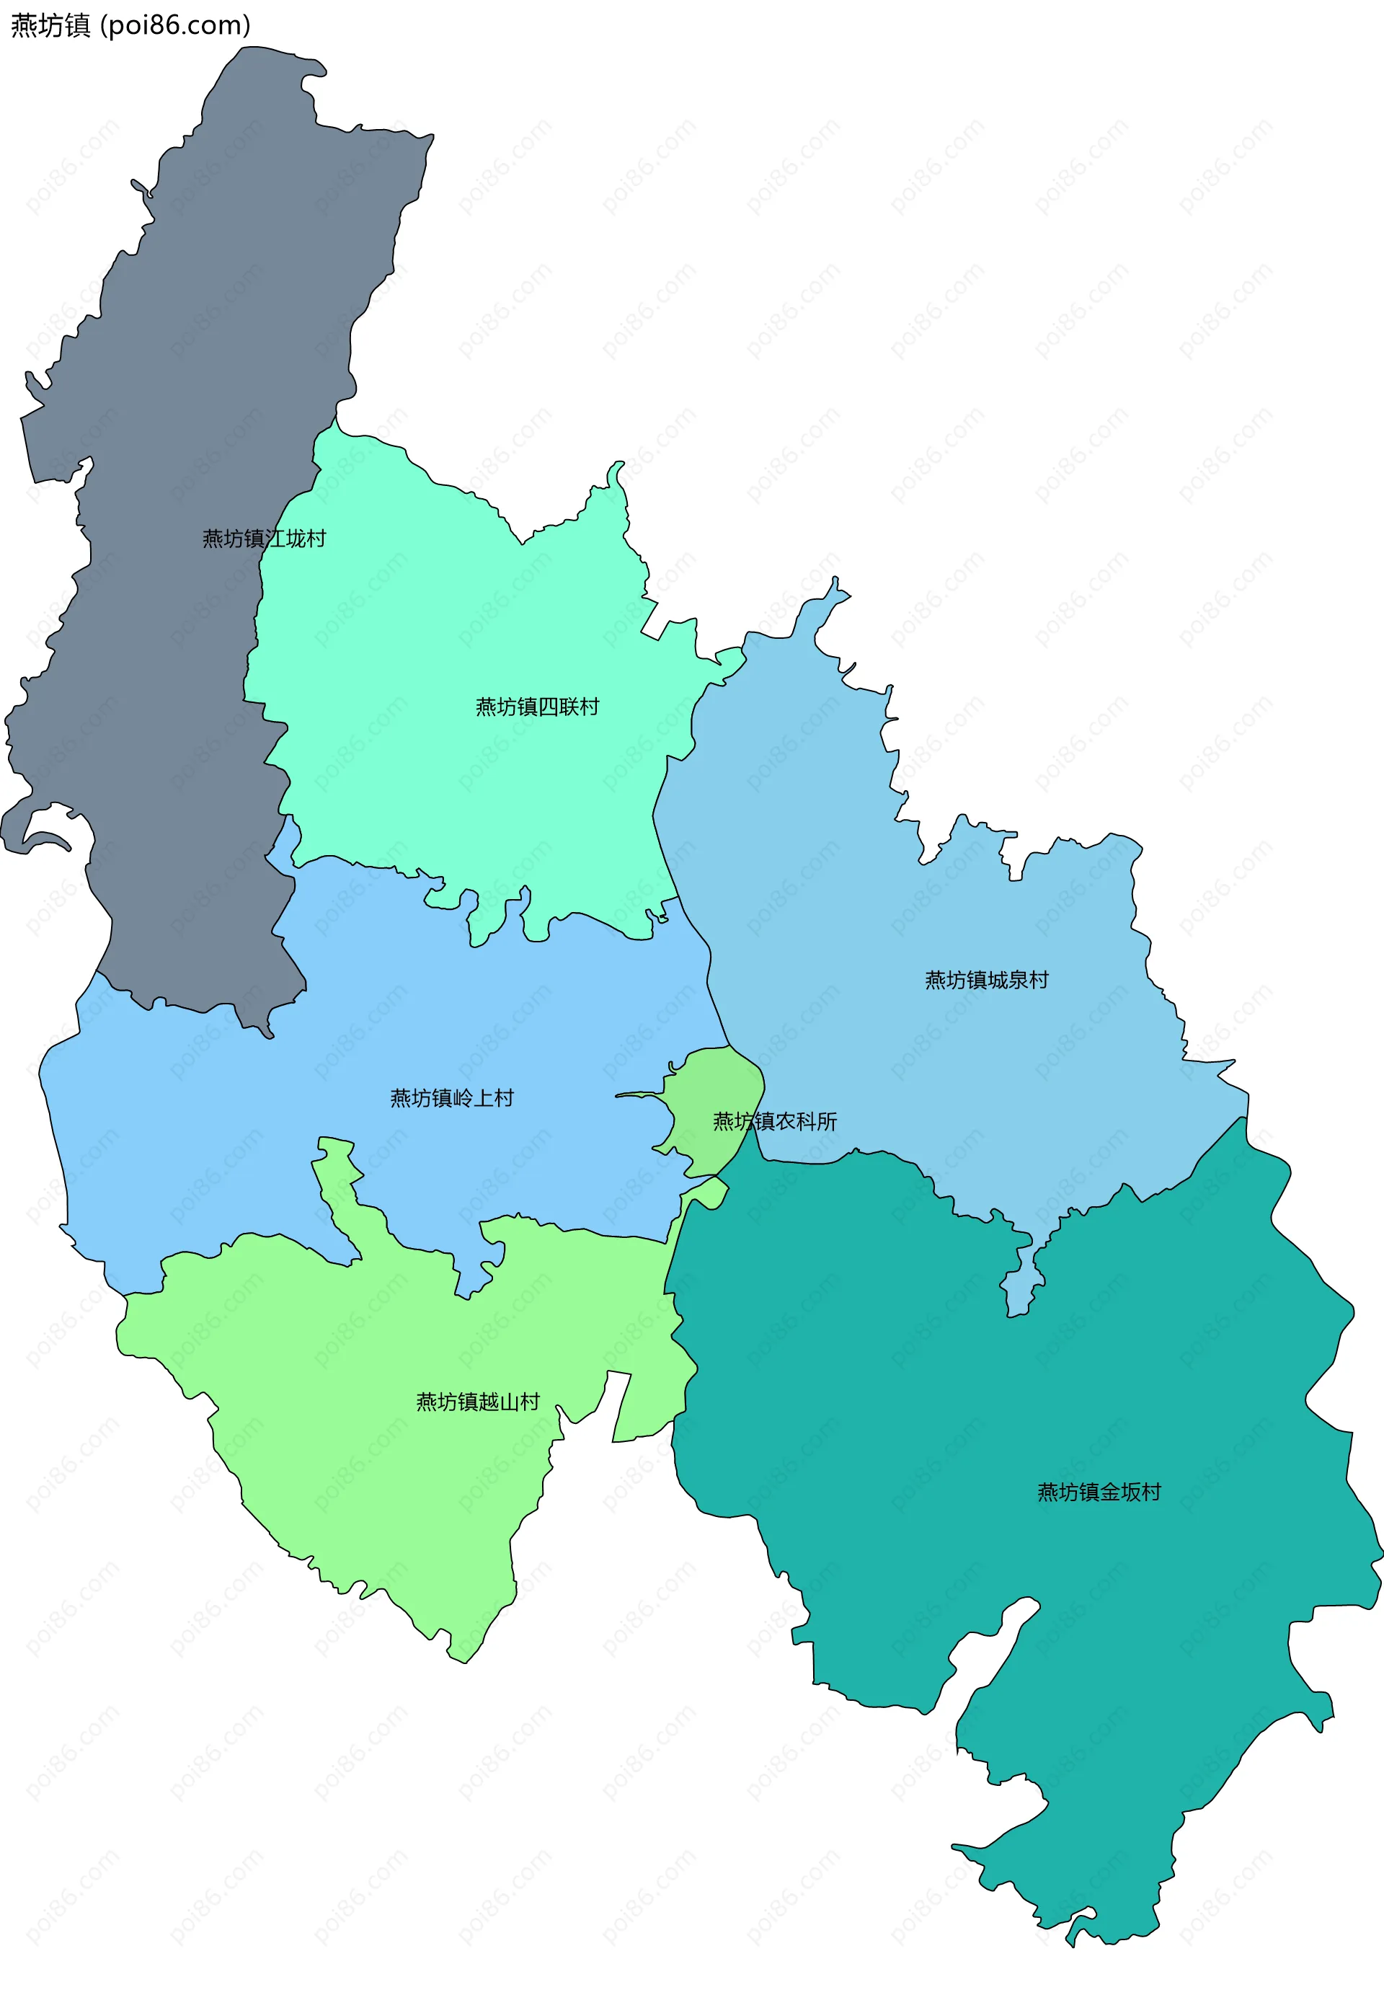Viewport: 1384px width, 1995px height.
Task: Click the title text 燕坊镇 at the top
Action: [50, 26]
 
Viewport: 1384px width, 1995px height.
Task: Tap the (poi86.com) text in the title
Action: [175, 26]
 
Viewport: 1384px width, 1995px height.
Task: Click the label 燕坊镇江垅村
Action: [264, 539]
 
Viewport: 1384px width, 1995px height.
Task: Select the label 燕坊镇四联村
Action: [537, 707]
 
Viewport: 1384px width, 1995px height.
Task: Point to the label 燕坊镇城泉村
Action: [986, 980]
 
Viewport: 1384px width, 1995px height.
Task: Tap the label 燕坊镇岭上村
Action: [452, 1098]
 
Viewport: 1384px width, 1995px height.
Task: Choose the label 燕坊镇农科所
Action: [774, 1122]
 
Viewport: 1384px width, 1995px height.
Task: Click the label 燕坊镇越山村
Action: [478, 1402]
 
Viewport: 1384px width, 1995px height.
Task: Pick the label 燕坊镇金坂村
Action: [1099, 1492]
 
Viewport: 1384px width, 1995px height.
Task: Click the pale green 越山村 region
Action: [390, 1474]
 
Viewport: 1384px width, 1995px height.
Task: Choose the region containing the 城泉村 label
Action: [867, 867]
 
